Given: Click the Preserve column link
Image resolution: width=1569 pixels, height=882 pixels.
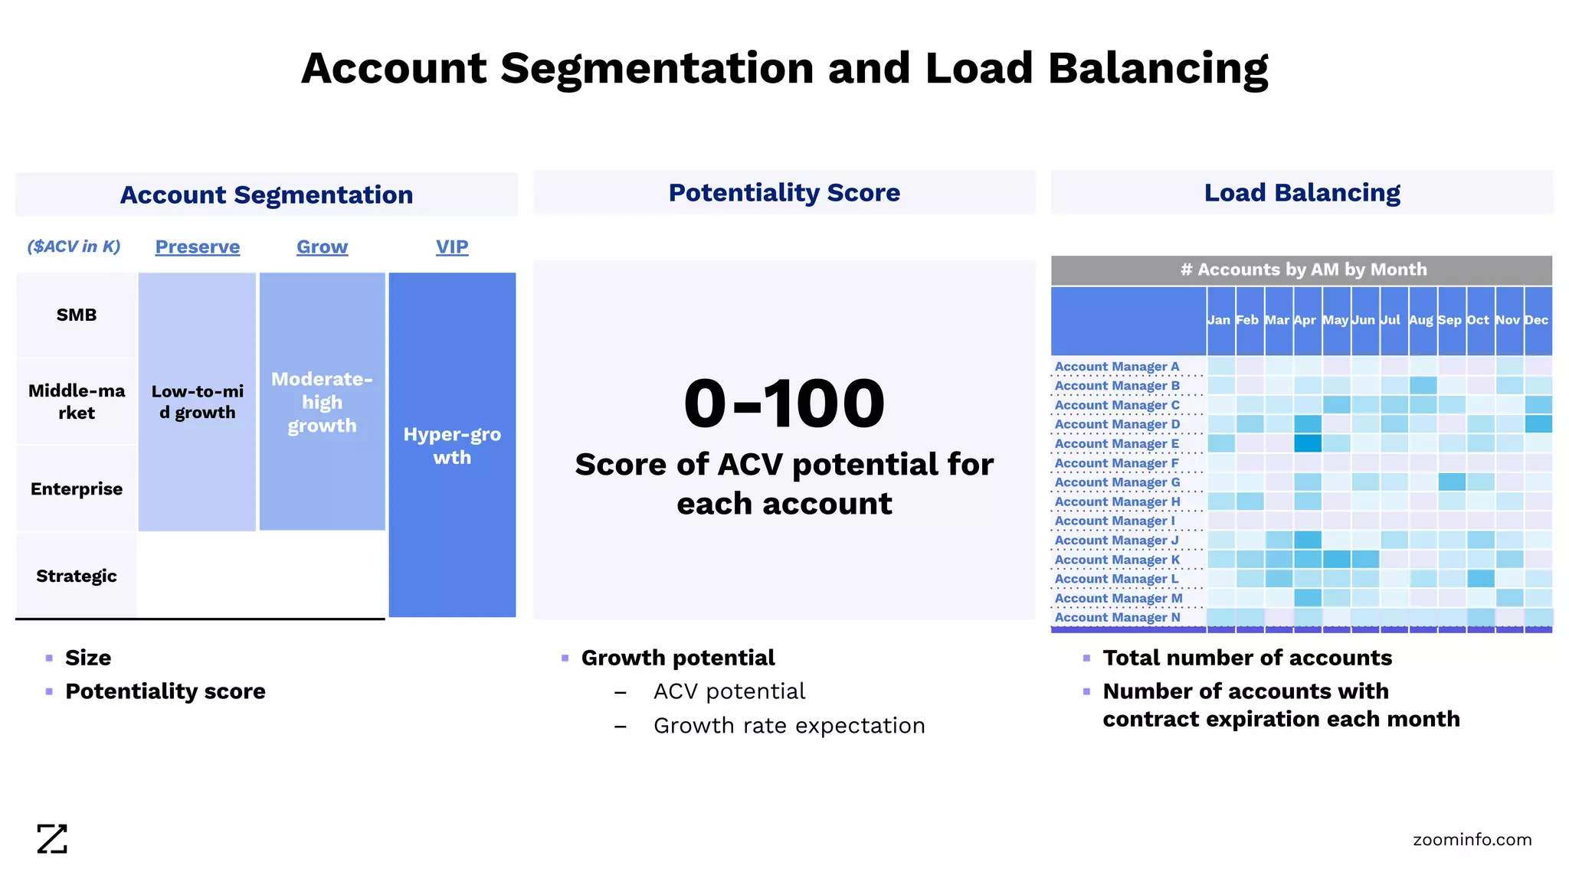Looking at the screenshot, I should click(197, 247).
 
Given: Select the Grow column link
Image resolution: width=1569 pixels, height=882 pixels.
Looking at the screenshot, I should click(322, 247).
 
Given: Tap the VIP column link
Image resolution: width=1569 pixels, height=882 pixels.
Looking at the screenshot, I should click(452, 247).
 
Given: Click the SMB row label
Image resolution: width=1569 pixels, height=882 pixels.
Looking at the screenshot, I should click(77, 315).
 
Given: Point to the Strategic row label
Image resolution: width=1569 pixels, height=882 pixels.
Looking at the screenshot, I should click(77, 576).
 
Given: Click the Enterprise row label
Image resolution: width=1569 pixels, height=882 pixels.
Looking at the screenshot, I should click(77, 488).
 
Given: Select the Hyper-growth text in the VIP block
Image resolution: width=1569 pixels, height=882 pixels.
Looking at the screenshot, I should click(452, 446).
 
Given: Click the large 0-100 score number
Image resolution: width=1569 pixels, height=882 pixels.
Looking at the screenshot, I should click(784, 403).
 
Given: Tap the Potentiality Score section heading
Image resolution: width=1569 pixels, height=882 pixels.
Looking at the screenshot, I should click(784, 192).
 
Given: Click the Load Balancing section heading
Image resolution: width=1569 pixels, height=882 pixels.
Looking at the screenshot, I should click(1302, 192).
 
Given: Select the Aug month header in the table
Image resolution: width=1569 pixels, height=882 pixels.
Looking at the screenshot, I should click(1420, 320).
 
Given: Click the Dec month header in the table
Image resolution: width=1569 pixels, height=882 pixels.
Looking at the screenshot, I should click(1536, 320).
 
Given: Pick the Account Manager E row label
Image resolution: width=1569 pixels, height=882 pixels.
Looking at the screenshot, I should click(1116, 443).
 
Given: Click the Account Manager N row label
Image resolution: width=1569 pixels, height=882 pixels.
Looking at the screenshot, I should click(1117, 617).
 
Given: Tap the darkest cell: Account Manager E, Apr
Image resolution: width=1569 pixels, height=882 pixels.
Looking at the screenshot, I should click(1308, 443).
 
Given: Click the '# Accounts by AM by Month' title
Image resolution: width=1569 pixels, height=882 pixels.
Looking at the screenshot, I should click(1303, 269).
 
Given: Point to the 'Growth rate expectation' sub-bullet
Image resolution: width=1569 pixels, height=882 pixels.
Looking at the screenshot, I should click(789, 725).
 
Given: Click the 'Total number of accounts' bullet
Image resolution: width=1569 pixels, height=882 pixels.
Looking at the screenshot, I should click(1246, 658).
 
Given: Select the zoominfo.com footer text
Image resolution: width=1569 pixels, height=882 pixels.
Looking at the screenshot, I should click(1472, 839).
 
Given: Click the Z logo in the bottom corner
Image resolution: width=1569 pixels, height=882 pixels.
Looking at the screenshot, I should click(52, 839).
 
